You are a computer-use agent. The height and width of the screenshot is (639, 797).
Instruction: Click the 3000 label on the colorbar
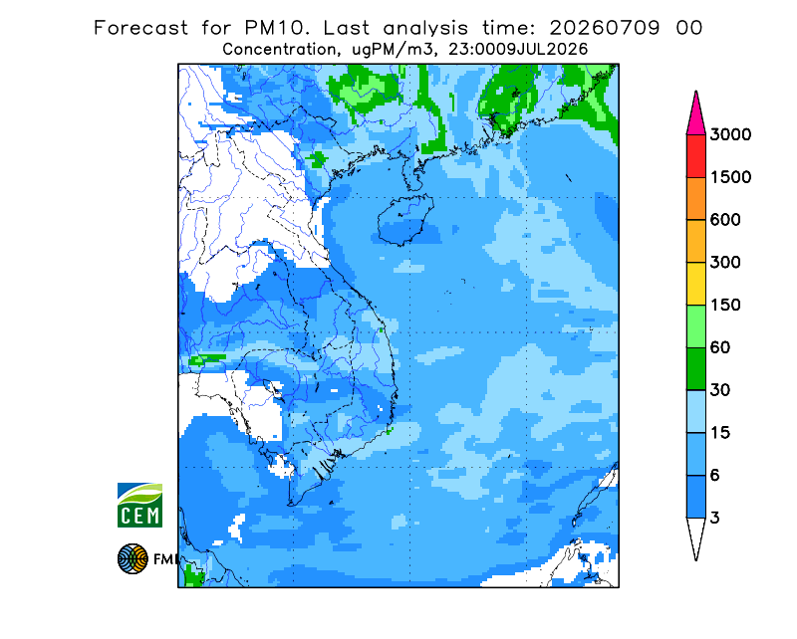pyautogui.click(x=730, y=134)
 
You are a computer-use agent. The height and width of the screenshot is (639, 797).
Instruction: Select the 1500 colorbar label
pyautogui.click(x=730, y=177)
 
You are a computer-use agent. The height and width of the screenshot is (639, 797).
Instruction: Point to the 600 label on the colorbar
pyautogui.click(x=725, y=220)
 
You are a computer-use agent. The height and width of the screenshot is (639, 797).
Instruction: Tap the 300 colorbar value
pyautogui.click(x=725, y=263)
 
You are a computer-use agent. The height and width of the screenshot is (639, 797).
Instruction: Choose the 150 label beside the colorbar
pyautogui.click(x=725, y=306)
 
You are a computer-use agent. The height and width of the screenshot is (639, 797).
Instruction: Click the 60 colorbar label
pyautogui.click(x=720, y=348)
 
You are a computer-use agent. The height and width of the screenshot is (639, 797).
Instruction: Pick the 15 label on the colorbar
pyautogui.click(x=720, y=433)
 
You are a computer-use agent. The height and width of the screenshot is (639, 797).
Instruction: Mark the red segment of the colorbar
pyautogui.click(x=695, y=156)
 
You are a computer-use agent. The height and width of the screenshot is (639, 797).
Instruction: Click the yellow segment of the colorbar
pyautogui.click(x=695, y=284)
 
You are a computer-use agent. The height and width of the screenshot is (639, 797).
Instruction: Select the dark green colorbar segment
pyautogui.click(x=695, y=369)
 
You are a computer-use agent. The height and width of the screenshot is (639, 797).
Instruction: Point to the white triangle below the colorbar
pyautogui.click(x=695, y=535)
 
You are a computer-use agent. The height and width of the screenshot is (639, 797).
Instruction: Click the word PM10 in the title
pyautogui.click(x=275, y=28)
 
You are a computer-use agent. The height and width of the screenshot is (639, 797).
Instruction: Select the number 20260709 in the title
pyautogui.click(x=605, y=28)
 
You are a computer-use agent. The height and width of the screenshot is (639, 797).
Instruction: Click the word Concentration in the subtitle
pyautogui.click(x=280, y=50)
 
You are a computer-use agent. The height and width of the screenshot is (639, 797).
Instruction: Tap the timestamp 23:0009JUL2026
pyautogui.click(x=518, y=50)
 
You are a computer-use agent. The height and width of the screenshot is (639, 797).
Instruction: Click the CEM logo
pyautogui.click(x=139, y=505)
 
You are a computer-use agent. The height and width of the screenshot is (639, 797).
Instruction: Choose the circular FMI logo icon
pyautogui.click(x=133, y=558)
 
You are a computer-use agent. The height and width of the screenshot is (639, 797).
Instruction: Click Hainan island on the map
pyautogui.click(x=405, y=220)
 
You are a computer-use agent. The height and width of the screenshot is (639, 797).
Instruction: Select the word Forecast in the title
pyautogui.click(x=140, y=28)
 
